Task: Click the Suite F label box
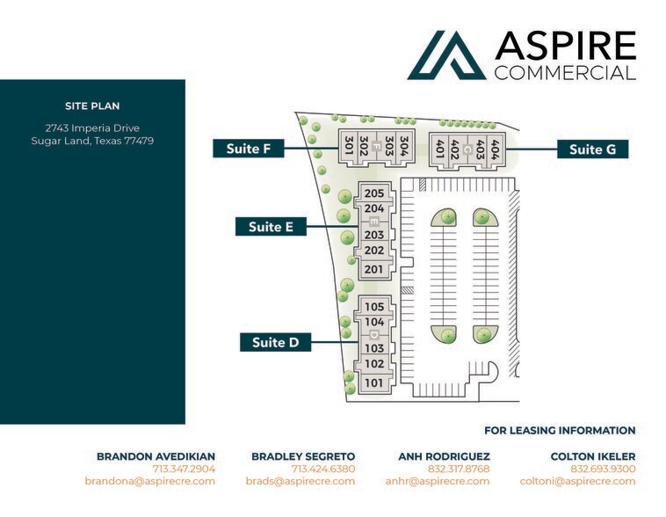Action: pos(249,149)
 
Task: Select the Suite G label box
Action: pos(592,149)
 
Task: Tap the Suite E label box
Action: pos(271,227)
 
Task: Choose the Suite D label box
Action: pos(276,342)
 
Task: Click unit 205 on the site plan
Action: pos(374,193)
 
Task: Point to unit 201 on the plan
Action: pos(373,269)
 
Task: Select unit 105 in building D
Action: pos(374,307)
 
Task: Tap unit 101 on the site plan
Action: pos(373,383)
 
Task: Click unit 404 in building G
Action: pos(495,149)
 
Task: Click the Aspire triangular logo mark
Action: pos(446,55)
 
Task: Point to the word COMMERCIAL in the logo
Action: pos(565,73)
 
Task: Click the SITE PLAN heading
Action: pos(92,106)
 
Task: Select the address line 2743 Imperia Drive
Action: pos(92,128)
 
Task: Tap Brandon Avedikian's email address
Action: pos(150,481)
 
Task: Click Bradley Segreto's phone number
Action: pos(323,469)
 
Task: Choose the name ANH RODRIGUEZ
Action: pos(444,456)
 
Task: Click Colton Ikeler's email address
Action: pos(577,481)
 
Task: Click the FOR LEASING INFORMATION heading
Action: pos(560,430)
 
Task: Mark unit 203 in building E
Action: pos(374,235)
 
